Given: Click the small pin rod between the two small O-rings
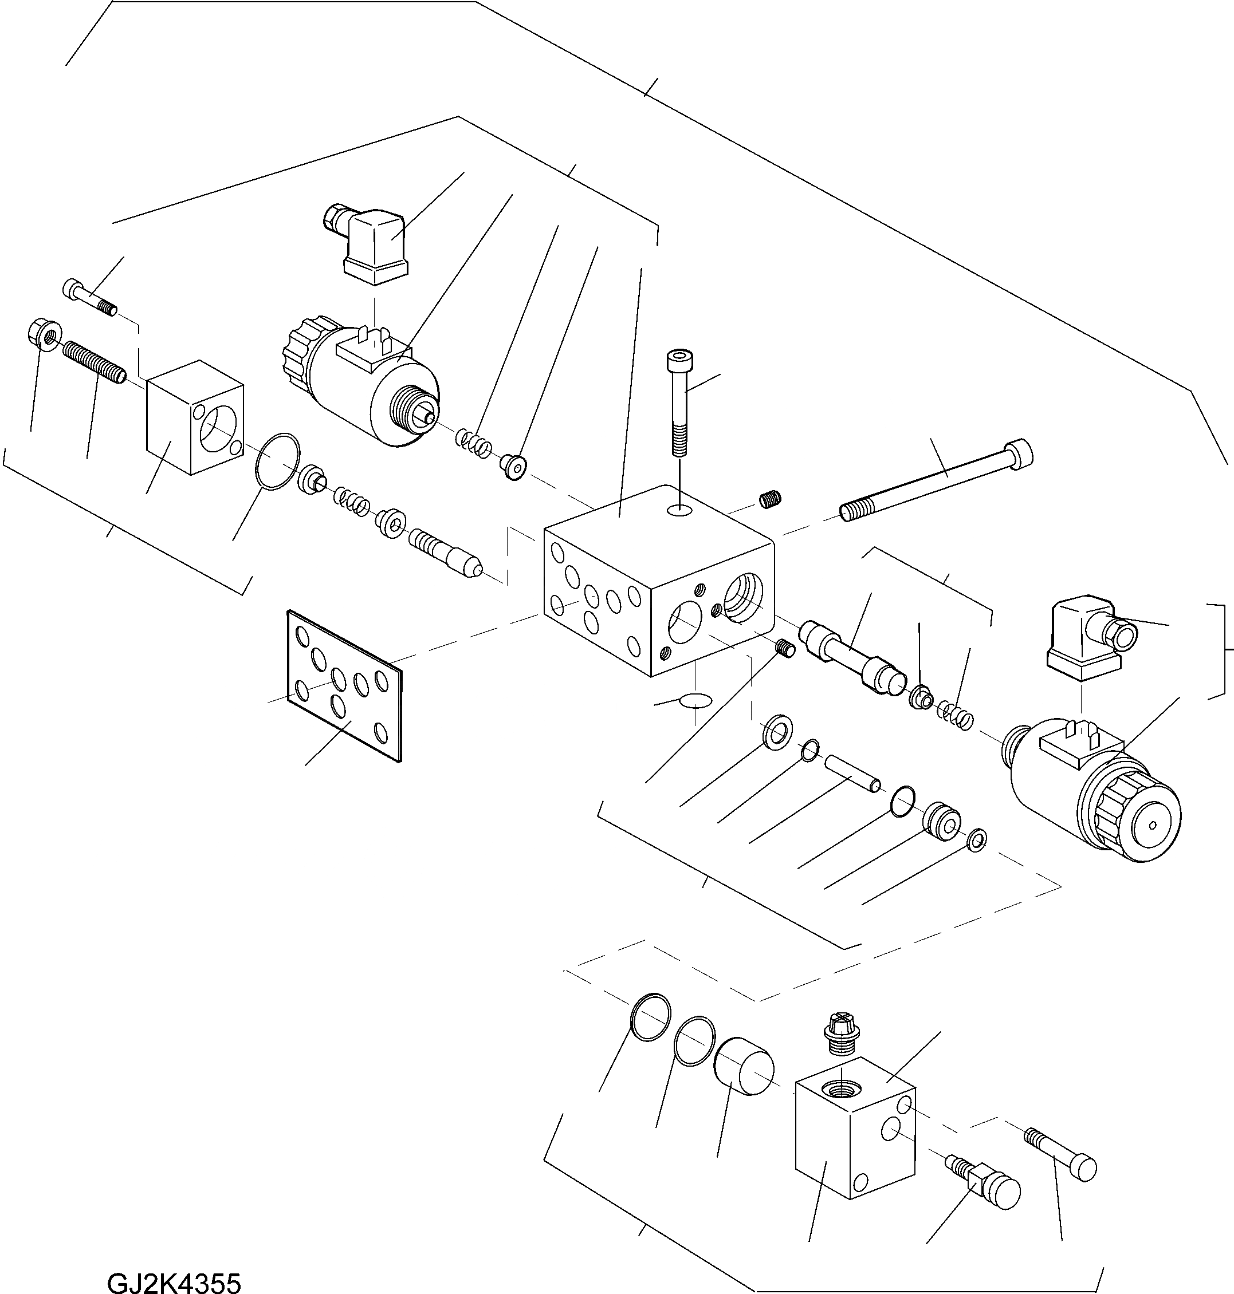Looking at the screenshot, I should coord(853,772).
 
